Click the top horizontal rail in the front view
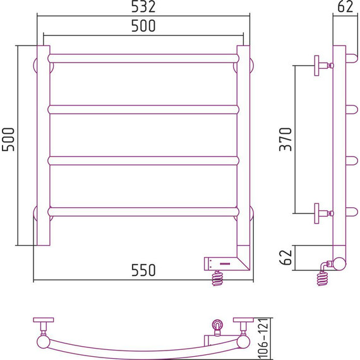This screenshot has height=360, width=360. (x=143, y=58)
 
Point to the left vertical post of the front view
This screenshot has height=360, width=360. (x=43, y=145)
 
